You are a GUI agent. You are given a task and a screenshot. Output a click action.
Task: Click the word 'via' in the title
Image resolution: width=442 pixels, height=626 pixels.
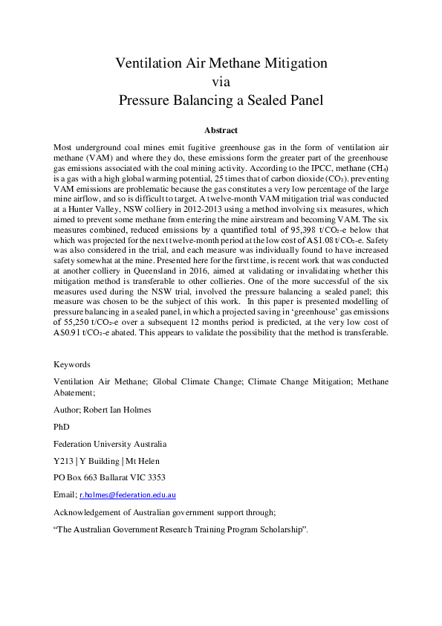[221, 81]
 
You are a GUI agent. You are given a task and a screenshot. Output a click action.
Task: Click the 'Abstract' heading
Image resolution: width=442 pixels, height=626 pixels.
[221, 129]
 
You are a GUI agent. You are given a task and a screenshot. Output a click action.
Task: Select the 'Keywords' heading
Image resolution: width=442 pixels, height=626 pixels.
[72, 365]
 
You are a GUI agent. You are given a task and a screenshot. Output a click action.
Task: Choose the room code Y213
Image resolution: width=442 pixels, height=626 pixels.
[64, 461]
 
